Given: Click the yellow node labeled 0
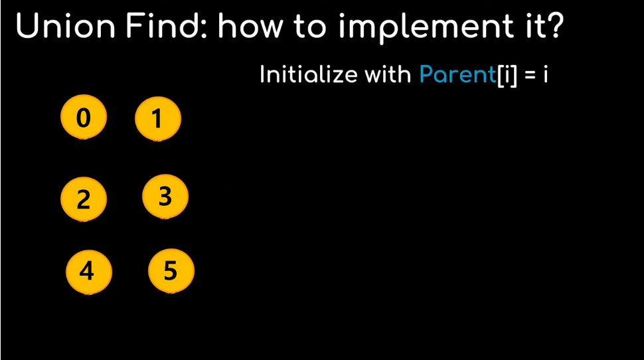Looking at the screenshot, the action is click(84, 117).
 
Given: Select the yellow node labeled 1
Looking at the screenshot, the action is click(158, 118).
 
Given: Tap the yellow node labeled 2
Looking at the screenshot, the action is click(84, 199).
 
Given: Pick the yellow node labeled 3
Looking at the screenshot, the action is click(165, 196).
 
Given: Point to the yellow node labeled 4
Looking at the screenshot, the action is click(89, 272).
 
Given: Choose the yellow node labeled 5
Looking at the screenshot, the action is click(171, 270).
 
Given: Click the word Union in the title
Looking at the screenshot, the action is click(66, 26).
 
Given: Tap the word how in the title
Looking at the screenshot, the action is click(250, 25).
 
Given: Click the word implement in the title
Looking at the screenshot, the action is click(426, 28).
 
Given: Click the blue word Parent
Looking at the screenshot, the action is click(457, 74).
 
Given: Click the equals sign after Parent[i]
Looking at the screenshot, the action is click(530, 75).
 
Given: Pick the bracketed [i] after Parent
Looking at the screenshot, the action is click(507, 76).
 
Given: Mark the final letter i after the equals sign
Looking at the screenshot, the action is click(546, 74).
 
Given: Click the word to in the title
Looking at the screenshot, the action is click(309, 27).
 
